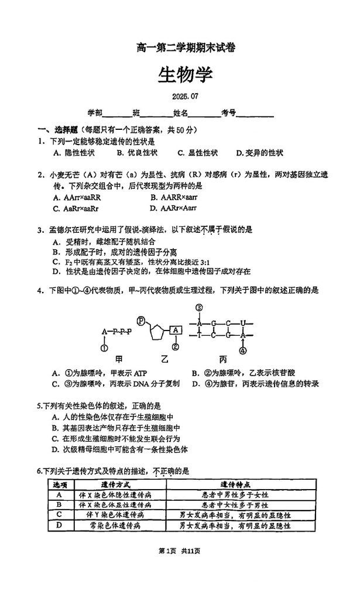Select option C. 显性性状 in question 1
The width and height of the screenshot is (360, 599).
coord(198,153)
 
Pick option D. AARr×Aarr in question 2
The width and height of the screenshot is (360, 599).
coord(173,208)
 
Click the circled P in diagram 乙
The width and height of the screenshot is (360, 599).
coord(141,320)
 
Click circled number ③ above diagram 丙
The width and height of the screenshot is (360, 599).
coord(199,308)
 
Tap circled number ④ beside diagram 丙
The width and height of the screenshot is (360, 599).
coord(242,350)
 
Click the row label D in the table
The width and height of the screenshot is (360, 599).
coord(59,525)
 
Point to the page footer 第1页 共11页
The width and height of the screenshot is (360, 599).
coord(179,550)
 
